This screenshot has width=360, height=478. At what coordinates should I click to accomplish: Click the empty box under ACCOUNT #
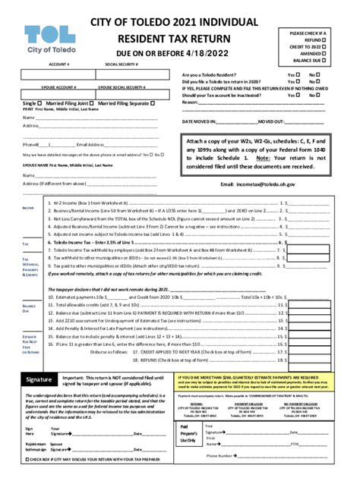point(58,75)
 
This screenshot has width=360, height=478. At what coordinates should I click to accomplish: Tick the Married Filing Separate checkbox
point(153,102)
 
